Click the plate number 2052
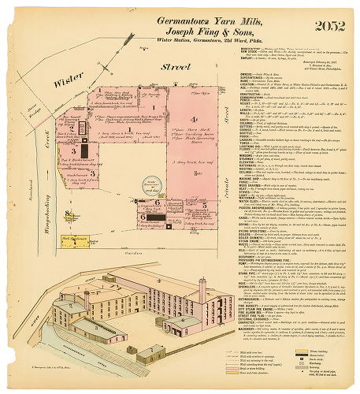coord(328,26)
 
